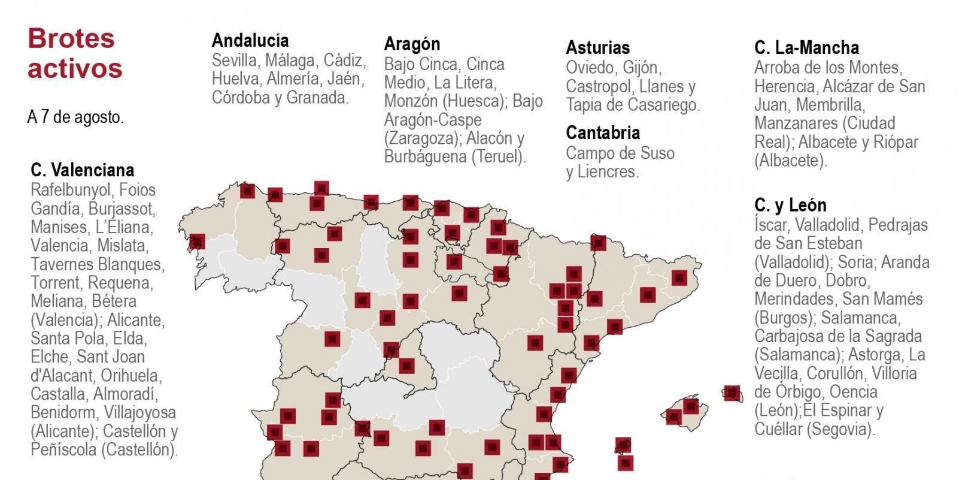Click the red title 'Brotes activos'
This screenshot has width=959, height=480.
[x=75, y=53]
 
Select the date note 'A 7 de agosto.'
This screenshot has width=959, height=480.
[x=75, y=117]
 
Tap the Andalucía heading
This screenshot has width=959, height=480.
[x=250, y=40]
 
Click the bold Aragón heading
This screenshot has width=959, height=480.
[x=412, y=44]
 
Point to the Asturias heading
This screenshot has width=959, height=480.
[x=597, y=47]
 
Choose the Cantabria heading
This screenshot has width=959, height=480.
[x=603, y=132]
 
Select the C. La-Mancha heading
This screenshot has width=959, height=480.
[x=806, y=47]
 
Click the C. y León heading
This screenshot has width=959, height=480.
[x=790, y=205]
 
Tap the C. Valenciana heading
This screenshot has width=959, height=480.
[x=83, y=170]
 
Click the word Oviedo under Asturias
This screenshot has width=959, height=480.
[x=590, y=67]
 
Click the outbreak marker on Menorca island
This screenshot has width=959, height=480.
[x=732, y=393]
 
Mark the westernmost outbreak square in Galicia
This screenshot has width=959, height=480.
[x=197, y=241]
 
